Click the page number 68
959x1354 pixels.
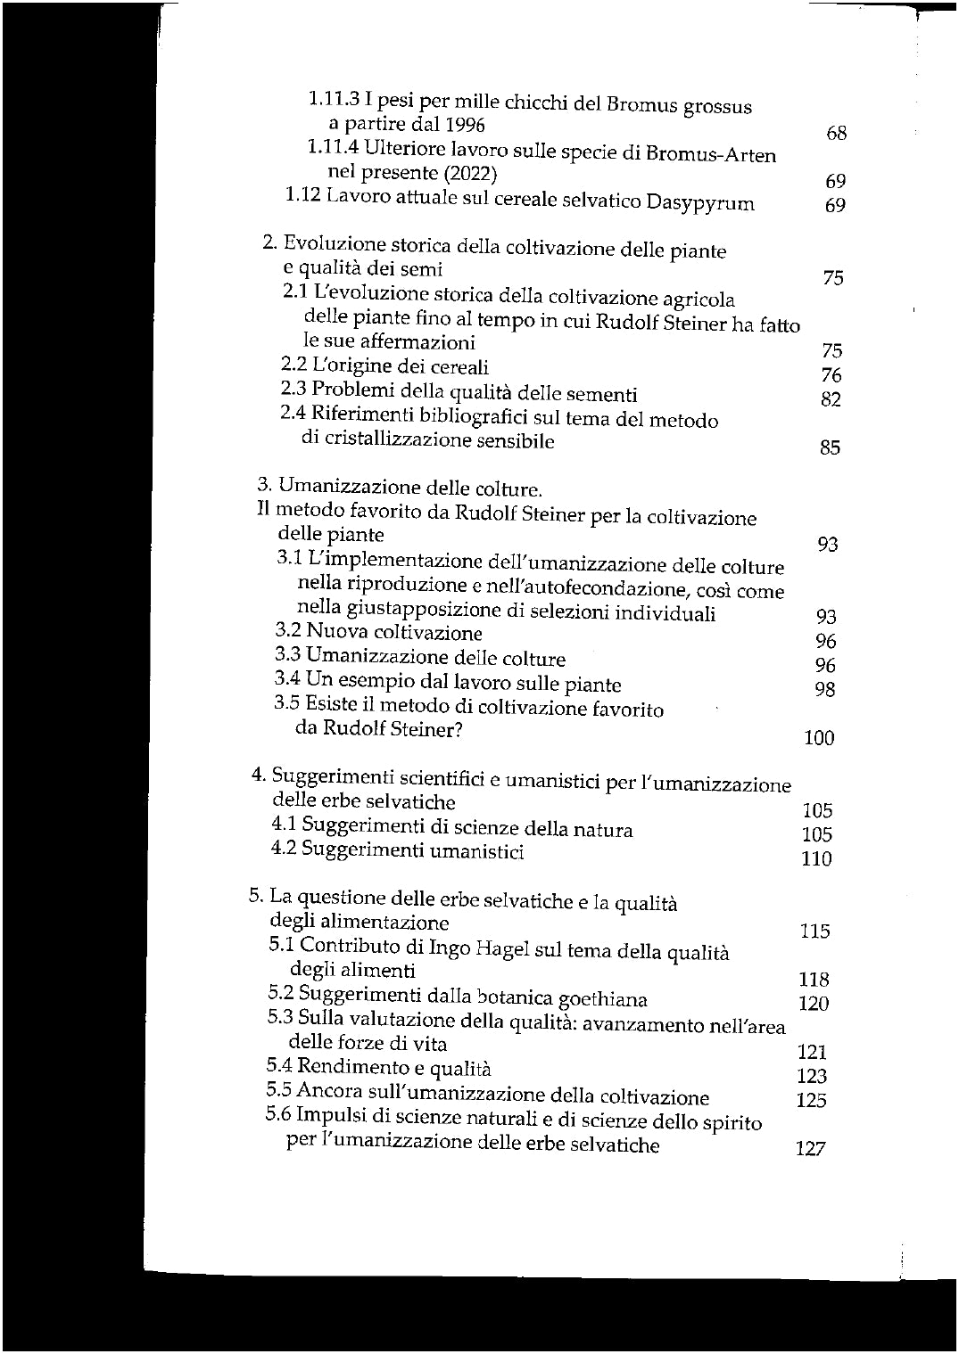coord(836,134)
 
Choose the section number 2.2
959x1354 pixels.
coord(293,365)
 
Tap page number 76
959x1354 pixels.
coord(831,375)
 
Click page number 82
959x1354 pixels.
coord(831,399)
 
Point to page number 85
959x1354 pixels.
coord(830,447)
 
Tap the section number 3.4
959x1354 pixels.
coord(287,679)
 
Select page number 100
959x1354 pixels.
coord(819,738)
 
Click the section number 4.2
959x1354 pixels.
coord(284,849)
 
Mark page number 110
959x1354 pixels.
coord(816,859)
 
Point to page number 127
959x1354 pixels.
coord(810,1149)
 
